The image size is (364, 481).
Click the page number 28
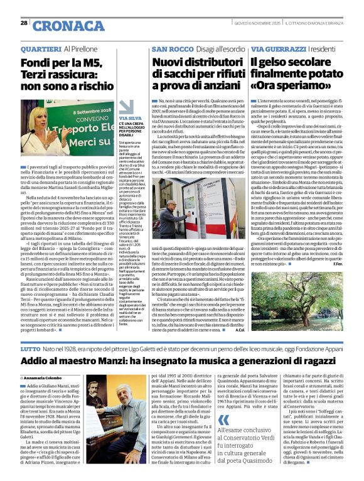tap(24, 23)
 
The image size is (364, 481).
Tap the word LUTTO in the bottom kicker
tap(30, 347)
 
